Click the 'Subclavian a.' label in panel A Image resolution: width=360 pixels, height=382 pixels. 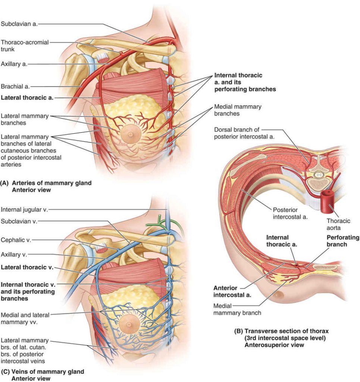coord(19,24)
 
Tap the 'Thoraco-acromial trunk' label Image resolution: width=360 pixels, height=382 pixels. coord(25,46)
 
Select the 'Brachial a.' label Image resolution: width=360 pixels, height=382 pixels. coord(15,87)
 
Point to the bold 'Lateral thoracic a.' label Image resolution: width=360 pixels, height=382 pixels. coord(27,98)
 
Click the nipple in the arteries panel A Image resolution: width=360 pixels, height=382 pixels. coord(131,134)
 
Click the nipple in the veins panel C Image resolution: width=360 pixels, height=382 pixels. coord(129,325)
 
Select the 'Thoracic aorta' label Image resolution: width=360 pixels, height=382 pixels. coord(338,224)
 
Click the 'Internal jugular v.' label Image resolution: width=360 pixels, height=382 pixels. coord(24,210)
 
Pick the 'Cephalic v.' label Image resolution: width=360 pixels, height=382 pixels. coord(16,240)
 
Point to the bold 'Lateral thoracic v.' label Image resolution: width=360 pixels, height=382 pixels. coord(27,267)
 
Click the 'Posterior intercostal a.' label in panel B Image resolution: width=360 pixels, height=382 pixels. coord(290,213)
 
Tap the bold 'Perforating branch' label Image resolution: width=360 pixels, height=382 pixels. coord(343,241)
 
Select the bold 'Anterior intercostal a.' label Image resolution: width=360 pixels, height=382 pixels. coord(232,292)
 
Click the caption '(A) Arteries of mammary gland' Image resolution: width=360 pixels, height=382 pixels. coord(46,183)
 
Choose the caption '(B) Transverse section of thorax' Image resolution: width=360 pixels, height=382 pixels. coord(281,331)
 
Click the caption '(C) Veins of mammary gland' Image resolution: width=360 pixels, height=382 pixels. coord(43,372)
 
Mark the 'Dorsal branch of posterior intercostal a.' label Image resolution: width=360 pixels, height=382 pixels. coord(244,133)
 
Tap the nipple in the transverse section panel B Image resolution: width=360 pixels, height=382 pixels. coord(279,295)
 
